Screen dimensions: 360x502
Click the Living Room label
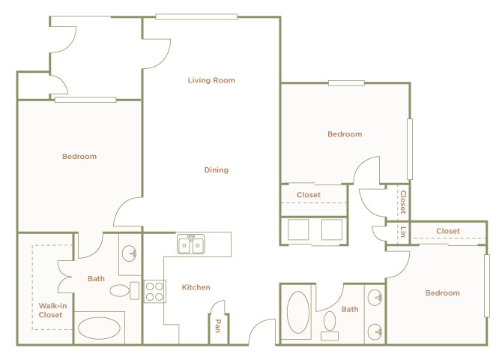pos(211,80)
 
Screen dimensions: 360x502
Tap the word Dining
pos(217,170)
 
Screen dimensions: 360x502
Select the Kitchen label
pos(196,287)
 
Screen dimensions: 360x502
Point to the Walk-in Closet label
pos(51,309)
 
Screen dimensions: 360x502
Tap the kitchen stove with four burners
pos(154,291)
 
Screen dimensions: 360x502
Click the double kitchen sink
pos(191,244)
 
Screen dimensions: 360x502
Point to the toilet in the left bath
pos(122,289)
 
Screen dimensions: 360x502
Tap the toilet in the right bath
pos(330,323)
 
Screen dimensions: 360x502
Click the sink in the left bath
pos(130,253)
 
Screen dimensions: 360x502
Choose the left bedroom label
pos(79,157)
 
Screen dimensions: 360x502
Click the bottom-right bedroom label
pos(442,293)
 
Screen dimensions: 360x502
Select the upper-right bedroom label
pos(345,134)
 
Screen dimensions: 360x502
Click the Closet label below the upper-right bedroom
pos(309,195)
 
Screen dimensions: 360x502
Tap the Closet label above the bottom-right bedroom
pos(448,231)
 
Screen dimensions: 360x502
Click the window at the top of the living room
pos(196,16)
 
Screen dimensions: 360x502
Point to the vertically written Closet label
pos(403,201)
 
